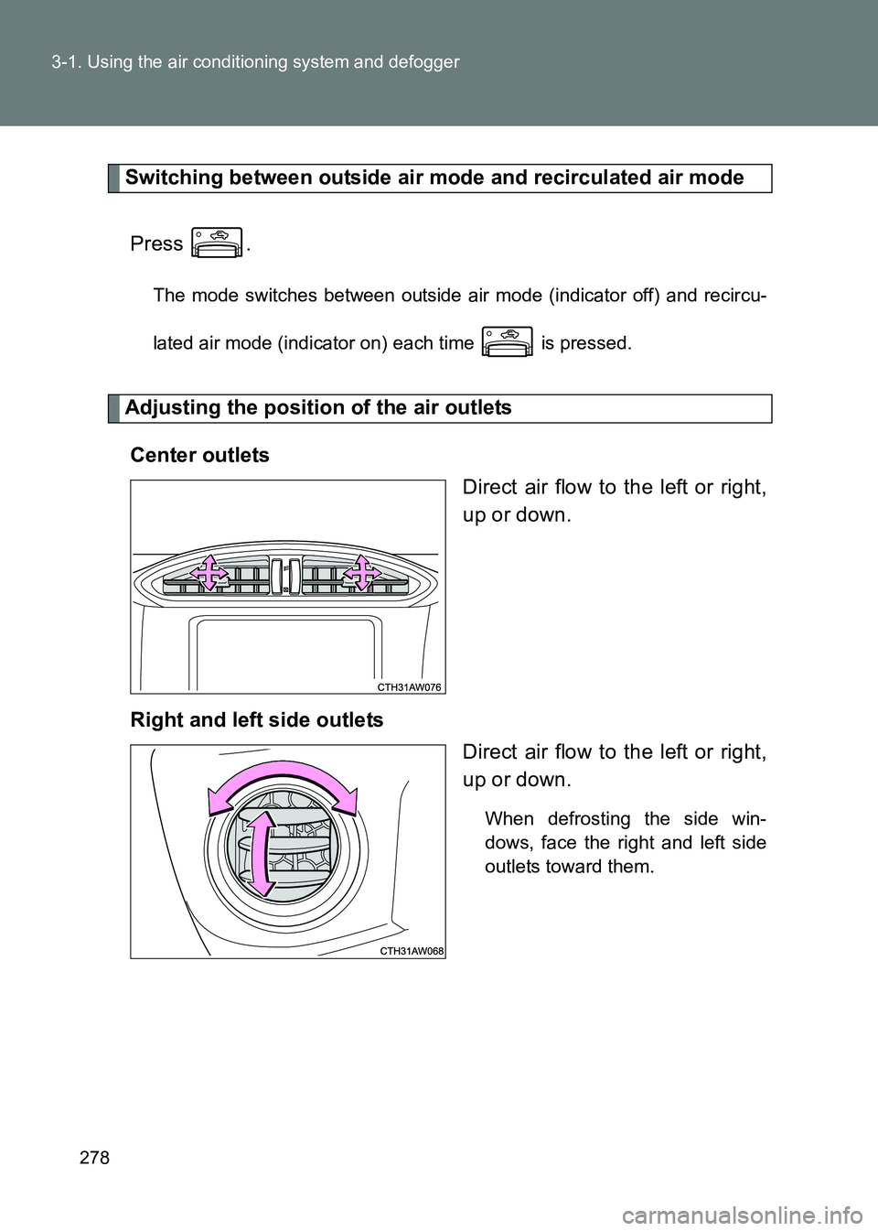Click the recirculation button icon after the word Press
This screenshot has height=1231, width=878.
217,243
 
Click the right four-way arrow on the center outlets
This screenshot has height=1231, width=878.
362,573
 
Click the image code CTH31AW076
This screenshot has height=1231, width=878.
410,686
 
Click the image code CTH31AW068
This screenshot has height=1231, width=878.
410,951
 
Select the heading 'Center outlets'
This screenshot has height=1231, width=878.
199,455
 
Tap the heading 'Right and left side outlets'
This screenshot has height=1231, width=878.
257,719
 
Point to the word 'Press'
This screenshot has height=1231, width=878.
156,243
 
